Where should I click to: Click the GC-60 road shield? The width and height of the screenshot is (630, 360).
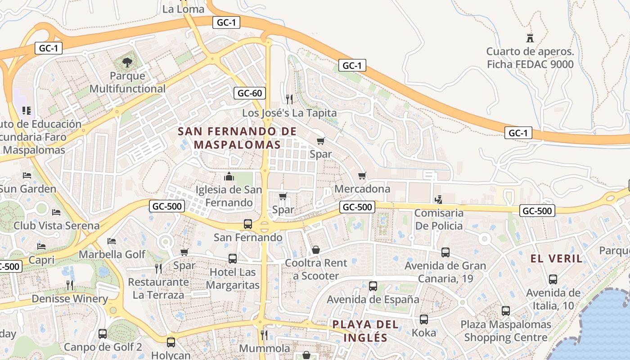[250, 94]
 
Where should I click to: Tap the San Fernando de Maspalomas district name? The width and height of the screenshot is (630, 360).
[237, 138]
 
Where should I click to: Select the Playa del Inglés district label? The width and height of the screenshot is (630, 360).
[365, 331]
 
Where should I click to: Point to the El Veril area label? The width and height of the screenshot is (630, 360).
[556, 259]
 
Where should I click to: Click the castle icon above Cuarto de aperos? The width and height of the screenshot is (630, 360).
[530, 38]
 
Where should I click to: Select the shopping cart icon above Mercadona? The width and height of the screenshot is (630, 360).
[362, 175]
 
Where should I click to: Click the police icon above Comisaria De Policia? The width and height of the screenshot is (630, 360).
[438, 199]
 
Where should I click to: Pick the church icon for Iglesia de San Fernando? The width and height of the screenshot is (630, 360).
[229, 176]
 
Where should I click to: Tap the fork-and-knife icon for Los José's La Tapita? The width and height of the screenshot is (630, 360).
[289, 99]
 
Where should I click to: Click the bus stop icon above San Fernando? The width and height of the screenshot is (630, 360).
[248, 224]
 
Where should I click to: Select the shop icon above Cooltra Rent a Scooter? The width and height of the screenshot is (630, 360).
[316, 249]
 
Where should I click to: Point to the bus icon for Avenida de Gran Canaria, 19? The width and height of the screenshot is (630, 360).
[445, 252]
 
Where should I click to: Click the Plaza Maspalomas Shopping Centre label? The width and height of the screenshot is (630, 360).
[506, 331]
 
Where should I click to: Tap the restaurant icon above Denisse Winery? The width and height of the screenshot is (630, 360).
[70, 285]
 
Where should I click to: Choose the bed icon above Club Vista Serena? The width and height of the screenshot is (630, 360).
[56, 212]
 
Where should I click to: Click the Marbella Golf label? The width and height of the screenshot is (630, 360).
[112, 255]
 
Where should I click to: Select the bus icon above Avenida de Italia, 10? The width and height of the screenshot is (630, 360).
[553, 279]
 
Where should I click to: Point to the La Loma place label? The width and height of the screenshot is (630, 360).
[183, 9]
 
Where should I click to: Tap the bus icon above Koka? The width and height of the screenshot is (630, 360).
[424, 319]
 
